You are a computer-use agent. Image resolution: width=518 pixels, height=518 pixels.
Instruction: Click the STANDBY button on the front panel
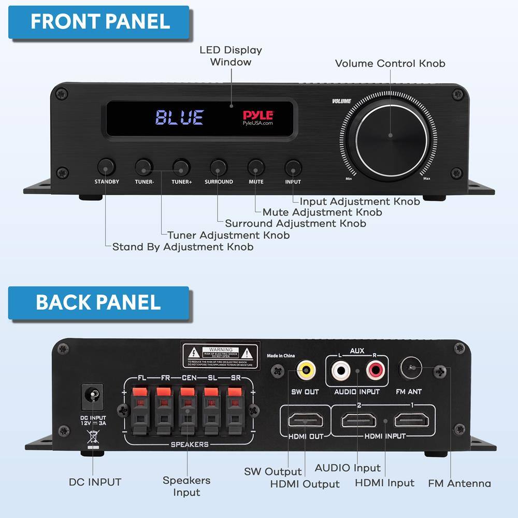pyautogui.click(x=107, y=167)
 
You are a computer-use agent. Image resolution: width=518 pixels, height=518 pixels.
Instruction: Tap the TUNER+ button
pyautogui.click(x=181, y=167)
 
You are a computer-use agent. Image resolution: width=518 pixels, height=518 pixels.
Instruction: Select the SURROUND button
pyautogui.click(x=219, y=167)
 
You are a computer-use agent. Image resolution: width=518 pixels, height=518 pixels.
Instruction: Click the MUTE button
pyautogui.click(x=256, y=167)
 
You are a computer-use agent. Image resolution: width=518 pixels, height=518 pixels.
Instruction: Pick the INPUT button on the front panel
pyautogui.click(x=293, y=167)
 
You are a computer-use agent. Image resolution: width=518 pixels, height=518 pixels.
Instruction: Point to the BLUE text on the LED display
pyautogui.click(x=180, y=118)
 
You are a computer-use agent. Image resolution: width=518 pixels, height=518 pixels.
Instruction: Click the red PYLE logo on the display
pyautogui.click(x=258, y=115)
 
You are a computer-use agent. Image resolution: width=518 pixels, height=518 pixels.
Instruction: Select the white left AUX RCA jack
pyautogui.click(x=341, y=370)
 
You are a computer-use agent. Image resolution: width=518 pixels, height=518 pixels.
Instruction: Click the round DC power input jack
pyautogui.click(x=93, y=396)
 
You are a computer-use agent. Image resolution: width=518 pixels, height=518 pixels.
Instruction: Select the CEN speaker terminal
pyautogui.click(x=188, y=409)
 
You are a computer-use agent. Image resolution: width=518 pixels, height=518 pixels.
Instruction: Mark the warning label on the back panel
pyautogui.click(x=220, y=355)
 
